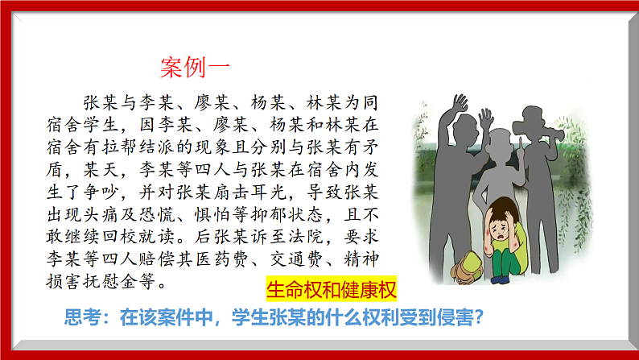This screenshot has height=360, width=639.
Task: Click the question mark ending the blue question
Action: click(x=478, y=317)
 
